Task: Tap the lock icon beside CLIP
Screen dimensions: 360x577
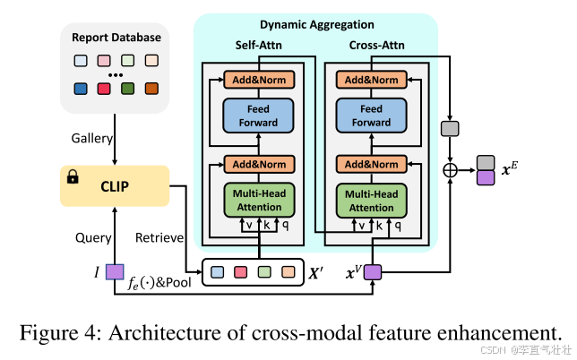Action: (73, 177)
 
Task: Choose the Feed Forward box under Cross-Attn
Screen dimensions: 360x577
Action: (371, 115)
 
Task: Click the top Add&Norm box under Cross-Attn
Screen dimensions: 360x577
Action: (371, 80)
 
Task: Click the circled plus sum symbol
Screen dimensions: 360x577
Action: (450, 168)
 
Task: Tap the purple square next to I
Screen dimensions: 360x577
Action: (114, 270)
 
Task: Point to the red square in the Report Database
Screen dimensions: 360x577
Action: (103, 90)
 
